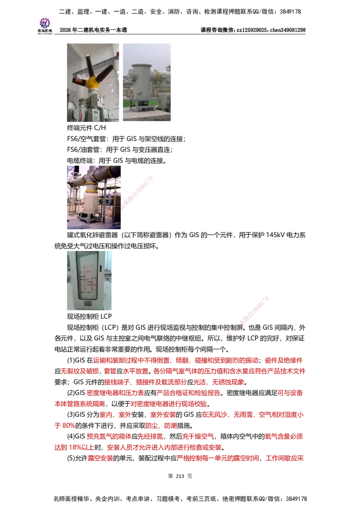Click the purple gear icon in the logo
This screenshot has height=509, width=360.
click(x=45, y=22)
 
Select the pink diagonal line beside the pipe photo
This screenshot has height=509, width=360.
click(x=138, y=193)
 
